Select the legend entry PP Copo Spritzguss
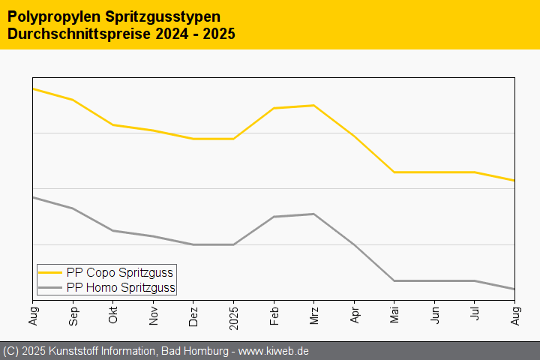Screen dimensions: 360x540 point(120,272)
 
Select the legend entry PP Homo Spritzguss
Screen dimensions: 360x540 point(121,287)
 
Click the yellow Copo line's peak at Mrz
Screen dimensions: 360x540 point(314,106)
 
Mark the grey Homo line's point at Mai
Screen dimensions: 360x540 point(394,280)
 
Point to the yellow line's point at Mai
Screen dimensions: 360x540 point(394,172)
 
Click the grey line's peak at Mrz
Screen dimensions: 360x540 point(314,214)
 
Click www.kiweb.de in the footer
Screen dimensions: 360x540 point(274,351)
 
